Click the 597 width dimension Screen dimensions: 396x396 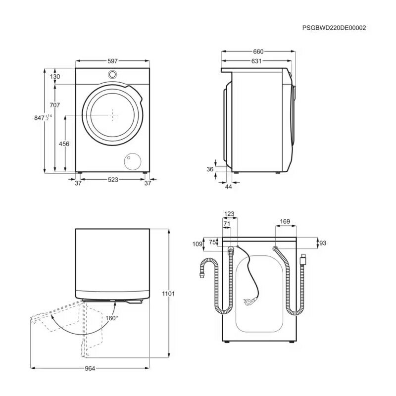(x=112, y=61)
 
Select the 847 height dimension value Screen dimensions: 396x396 (x=39, y=118)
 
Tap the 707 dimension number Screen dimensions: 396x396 (x=54, y=105)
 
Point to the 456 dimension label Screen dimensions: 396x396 (x=64, y=144)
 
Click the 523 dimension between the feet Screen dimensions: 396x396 (x=113, y=181)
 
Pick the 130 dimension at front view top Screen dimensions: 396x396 (x=54, y=77)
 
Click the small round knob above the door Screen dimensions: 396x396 (x=113, y=75)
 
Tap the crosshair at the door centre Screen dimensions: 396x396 (x=114, y=115)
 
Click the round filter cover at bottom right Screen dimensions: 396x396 (x=132, y=161)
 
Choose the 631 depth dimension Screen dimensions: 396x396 (x=256, y=61)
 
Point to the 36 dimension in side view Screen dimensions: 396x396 (x=209, y=169)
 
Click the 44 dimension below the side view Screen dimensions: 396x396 (x=228, y=186)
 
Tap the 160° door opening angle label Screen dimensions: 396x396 (x=112, y=318)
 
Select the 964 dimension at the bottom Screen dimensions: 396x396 (x=89, y=368)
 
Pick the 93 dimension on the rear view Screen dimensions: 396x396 (x=322, y=243)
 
